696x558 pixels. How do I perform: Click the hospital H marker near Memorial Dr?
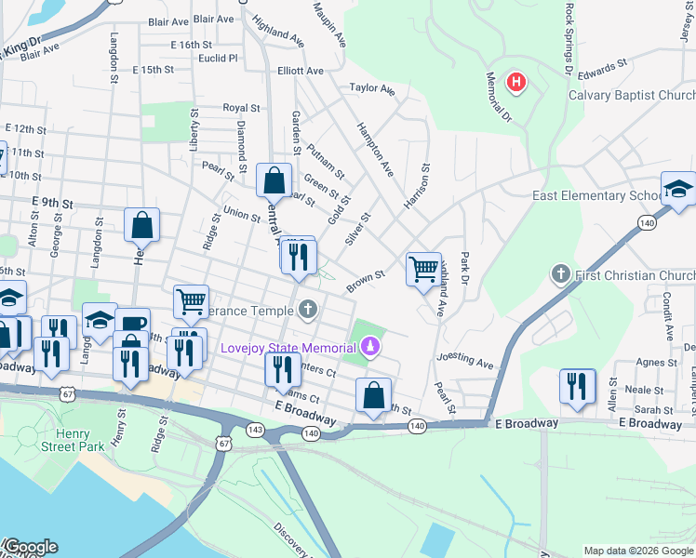pyautogui.click(x=515, y=84)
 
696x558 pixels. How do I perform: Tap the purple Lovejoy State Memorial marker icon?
pyautogui.click(x=371, y=348)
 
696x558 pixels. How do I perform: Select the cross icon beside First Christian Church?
pyautogui.click(x=560, y=274)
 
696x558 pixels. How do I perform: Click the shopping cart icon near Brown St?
pyautogui.click(x=423, y=270)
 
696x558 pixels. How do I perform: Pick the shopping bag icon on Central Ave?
pyautogui.click(x=274, y=180)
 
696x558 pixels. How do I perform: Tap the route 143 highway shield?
pyautogui.click(x=254, y=430)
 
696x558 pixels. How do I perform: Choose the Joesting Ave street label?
pyautogui.click(x=464, y=359)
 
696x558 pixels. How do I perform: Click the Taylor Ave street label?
pyautogui.click(x=372, y=89)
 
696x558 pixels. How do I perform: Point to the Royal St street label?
pyautogui.click(x=240, y=108)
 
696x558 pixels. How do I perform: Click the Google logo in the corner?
pyautogui.click(x=30, y=547)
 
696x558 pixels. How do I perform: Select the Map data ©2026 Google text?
pyautogui.click(x=638, y=551)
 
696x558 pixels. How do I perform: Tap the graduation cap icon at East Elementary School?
pyautogui.click(x=677, y=189)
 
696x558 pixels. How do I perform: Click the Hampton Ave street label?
pyautogui.click(x=376, y=149)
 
